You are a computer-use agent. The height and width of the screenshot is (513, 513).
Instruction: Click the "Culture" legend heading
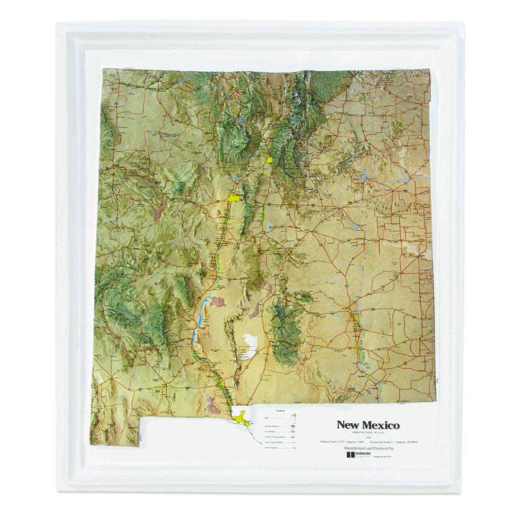click(280, 410)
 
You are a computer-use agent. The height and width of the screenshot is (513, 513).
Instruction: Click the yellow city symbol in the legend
click(293, 417)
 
